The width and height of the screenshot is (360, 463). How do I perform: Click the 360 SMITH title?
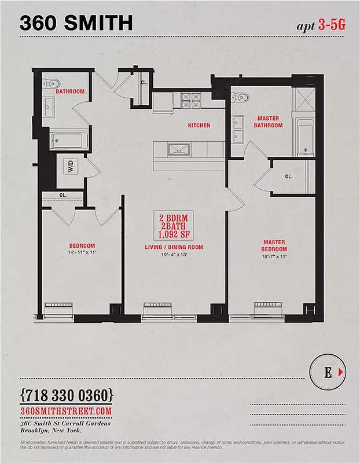click(76, 23)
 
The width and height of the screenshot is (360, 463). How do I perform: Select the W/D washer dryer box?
click(71, 168)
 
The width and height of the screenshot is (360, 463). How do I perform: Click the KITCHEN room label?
click(199, 125)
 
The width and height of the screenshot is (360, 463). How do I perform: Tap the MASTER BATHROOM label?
click(269, 122)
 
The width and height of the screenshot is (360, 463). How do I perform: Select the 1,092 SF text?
click(174, 235)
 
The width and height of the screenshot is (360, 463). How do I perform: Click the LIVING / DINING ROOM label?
click(174, 247)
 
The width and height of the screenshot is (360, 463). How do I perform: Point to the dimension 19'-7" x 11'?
click(275, 256)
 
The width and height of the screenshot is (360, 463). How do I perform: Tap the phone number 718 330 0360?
click(67, 396)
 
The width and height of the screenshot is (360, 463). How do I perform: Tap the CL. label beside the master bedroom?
click(288, 176)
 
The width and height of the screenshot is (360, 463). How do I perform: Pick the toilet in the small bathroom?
click(49, 83)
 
